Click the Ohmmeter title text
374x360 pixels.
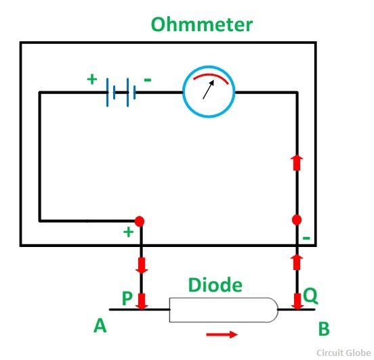(202, 24)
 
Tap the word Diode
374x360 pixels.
(215, 285)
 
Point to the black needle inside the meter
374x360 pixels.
(208, 89)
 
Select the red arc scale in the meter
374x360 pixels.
(211, 75)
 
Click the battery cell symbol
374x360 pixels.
(121, 92)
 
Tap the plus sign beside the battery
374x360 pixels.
(92, 79)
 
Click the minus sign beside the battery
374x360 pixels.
(148, 80)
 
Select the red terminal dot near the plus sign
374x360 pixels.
(140, 221)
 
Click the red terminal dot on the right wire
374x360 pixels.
(297, 220)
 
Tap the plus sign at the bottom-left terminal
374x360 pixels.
(128, 232)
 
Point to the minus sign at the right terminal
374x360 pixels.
(306, 238)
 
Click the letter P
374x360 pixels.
(127, 298)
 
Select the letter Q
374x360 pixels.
(310, 296)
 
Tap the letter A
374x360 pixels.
(100, 326)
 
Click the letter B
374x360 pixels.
(324, 329)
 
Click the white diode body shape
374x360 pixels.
(224, 310)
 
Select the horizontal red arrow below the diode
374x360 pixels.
(222, 334)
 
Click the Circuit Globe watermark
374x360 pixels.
(344, 353)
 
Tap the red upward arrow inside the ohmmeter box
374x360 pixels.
(297, 163)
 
